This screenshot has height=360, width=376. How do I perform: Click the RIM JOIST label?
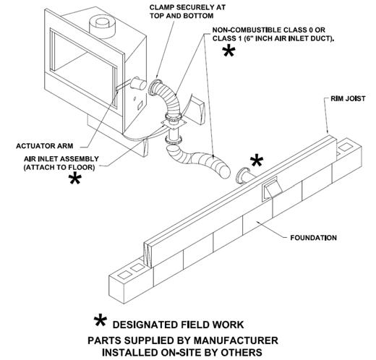pos(348,98)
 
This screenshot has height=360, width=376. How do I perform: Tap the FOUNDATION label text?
pos(313,238)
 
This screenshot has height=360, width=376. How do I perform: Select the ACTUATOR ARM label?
pos(45,146)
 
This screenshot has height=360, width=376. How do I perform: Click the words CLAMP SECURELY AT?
pos(187,7)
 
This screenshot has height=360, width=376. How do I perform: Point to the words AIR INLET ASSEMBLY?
pos(61,159)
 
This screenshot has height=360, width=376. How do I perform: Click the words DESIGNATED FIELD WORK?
pos(178,325)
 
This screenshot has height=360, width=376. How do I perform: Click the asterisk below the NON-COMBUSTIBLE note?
pos(228,51)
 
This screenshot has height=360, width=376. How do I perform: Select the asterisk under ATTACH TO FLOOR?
pos(75,179)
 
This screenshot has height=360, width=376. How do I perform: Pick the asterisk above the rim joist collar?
pos(257,161)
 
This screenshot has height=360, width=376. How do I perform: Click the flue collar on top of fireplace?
pos(103,27)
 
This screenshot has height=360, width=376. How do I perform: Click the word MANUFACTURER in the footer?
pos(236,340)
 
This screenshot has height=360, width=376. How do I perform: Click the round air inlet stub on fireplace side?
pos(138,84)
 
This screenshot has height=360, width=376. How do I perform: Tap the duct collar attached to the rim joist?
pos(244,176)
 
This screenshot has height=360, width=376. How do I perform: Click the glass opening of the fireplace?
pos(83,67)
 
